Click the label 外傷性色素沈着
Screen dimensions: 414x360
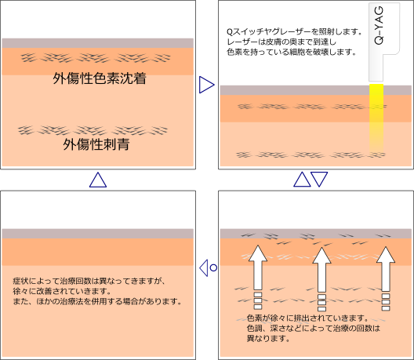click(100, 78)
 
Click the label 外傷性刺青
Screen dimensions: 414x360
click(96, 144)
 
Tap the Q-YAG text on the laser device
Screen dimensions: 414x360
click(379, 25)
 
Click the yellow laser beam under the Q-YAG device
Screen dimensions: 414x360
click(376, 118)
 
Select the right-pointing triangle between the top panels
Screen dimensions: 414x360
click(206, 85)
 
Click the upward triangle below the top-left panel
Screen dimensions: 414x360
click(98, 180)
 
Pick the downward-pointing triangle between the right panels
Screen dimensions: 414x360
click(319, 179)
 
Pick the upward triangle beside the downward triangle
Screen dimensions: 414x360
click(302, 180)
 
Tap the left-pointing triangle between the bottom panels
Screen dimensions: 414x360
click(204, 267)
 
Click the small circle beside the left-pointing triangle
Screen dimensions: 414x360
click(213, 267)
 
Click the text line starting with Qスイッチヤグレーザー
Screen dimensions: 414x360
click(294, 31)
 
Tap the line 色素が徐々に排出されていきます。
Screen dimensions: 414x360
click(307, 318)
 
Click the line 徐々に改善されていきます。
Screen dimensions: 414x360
click(62, 291)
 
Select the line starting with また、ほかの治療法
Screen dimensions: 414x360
click(97, 301)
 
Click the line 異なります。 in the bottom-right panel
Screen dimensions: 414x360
click(268, 338)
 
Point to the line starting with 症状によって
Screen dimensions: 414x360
click(89, 281)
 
